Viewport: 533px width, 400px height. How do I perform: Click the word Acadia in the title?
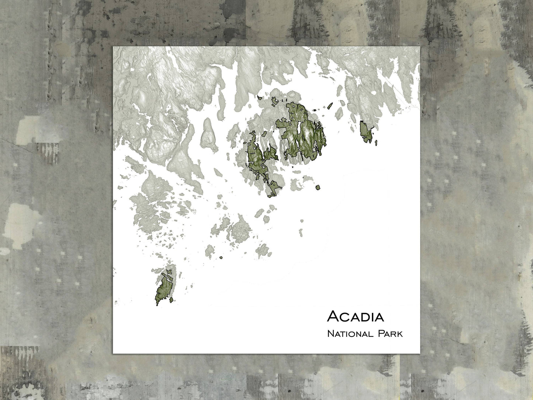[x=355, y=316]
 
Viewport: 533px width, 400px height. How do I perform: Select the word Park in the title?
[x=390, y=334]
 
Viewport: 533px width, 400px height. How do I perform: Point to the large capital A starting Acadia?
[x=333, y=316]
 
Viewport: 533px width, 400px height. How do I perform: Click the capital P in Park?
[x=381, y=334]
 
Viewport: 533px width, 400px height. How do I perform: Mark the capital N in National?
[x=330, y=334]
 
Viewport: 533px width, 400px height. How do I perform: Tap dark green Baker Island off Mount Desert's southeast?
[x=318, y=187]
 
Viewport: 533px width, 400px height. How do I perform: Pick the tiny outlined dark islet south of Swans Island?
[x=221, y=258]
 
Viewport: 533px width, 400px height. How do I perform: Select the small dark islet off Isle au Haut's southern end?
[x=157, y=304]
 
